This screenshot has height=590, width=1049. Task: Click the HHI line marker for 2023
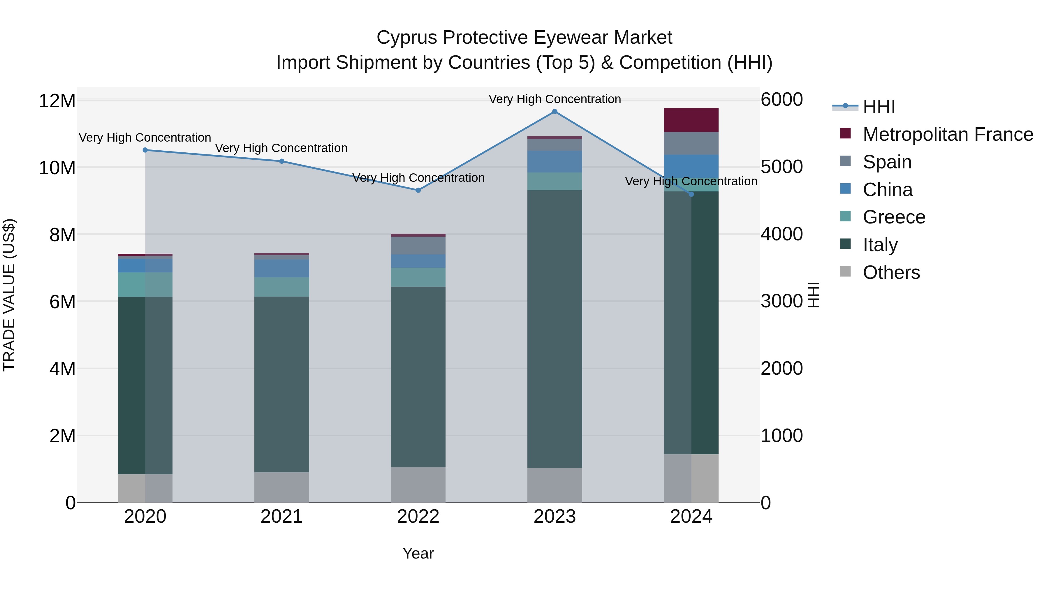pyautogui.click(x=555, y=112)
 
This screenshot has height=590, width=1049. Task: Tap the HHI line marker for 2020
pyautogui.click(x=145, y=150)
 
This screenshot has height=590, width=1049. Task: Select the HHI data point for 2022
pyautogui.click(x=418, y=190)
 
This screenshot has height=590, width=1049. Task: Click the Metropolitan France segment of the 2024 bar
pyautogui.click(x=691, y=120)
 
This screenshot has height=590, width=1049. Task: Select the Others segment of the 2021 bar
pyautogui.click(x=282, y=487)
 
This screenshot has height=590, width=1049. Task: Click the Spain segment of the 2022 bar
pyautogui.click(x=418, y=246)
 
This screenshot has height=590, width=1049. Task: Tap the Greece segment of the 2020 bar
pyautogui.click(x=145, y=285)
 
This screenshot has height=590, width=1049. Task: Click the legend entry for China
pyautogui.click(x=888, y=190)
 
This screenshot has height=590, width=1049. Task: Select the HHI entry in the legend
pyautogui.click(x=879, y=107)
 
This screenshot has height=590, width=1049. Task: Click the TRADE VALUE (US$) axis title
pyautogui.click(x=9, y=295)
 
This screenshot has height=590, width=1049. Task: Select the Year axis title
pyautogui.click(x=418, y=553)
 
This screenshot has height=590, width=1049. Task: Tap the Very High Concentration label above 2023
pyautogui.click(x=555, y=99)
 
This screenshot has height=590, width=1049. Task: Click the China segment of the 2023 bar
pyautogui.click(x=555, y=162)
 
